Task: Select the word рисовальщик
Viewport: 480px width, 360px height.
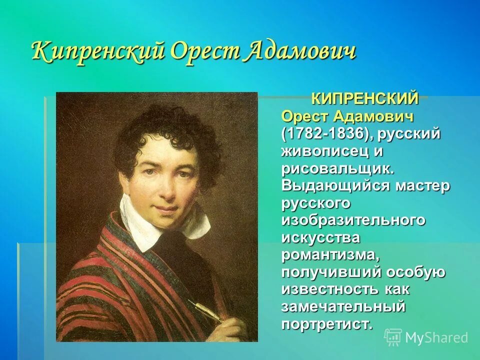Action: tap(338, 168)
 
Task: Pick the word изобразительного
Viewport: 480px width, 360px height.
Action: tap(353, 220)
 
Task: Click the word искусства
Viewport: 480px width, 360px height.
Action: tap(320, 237)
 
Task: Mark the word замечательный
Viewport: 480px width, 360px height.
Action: tap(343, 306)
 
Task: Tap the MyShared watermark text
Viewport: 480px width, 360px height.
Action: tap(436, 338)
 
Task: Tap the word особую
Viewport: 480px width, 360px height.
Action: tap(418, 272)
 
